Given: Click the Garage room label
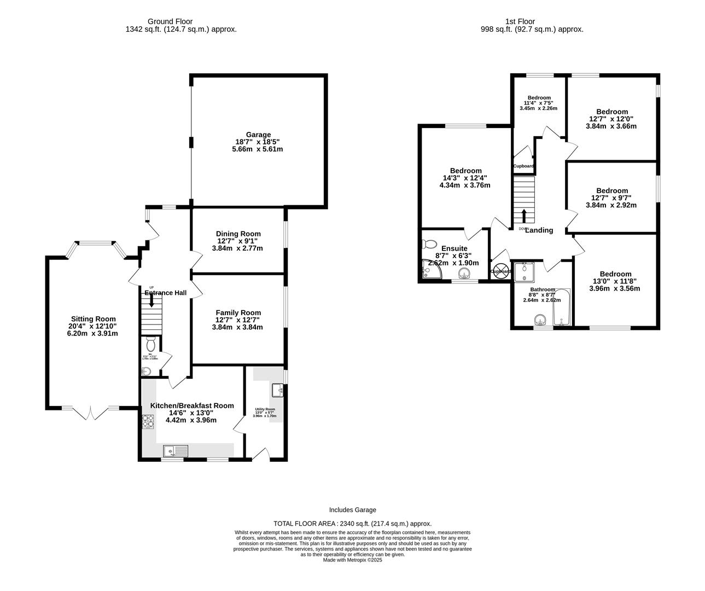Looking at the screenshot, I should point(258,135).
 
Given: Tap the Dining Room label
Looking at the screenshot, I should point(238,234).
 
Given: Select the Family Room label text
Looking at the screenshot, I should point(238,312).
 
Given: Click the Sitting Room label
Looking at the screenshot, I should point(93,319).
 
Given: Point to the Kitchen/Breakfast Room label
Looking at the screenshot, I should point(192,405).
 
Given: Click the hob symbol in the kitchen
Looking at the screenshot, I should point(148,421).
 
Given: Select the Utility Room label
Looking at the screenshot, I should point(265,409).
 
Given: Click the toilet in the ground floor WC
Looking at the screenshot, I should point(151,343).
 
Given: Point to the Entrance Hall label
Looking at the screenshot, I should point(166,293).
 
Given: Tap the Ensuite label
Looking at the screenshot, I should point(455,248).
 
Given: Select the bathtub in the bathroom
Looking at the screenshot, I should point(562,308).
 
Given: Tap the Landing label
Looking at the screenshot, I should point(539,230).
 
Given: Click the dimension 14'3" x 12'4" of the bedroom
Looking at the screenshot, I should point(465,177).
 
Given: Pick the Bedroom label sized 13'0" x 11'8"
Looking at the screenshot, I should point(615,274).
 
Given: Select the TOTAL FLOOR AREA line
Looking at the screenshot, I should point(353,523).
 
